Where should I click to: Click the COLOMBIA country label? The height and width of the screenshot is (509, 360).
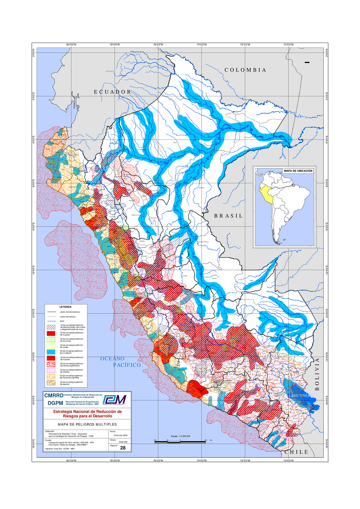[x=245, y=70]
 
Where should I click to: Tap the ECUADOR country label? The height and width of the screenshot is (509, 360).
[x=112, y=92]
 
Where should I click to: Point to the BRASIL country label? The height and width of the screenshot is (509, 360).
[x=228, y=216]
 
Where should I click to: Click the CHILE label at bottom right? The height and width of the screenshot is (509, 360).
[x=296, y=452]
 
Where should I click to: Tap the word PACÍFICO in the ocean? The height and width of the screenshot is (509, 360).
[x=127, y=365]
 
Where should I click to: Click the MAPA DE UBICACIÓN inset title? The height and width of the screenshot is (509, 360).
[x=298, y=171]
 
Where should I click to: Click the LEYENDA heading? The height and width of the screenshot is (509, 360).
[x=65, y=307]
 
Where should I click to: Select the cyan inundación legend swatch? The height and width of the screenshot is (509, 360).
[x=51, y=352]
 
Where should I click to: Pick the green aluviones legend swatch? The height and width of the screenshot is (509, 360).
[x=51, y=340]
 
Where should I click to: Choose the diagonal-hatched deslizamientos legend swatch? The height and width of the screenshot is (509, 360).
[x=51, y=327]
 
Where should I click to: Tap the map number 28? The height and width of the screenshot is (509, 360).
[x=123, y=448]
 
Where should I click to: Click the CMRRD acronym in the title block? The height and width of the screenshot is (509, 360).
[x=54, y=396]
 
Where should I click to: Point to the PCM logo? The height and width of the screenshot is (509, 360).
[x=115, y=400]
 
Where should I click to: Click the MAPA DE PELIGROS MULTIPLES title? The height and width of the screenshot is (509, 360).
[x=87, y=424]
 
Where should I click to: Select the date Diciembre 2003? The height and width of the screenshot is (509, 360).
[x=120, y=435]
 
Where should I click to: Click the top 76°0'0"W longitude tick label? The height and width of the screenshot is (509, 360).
[x=158, y=45]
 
